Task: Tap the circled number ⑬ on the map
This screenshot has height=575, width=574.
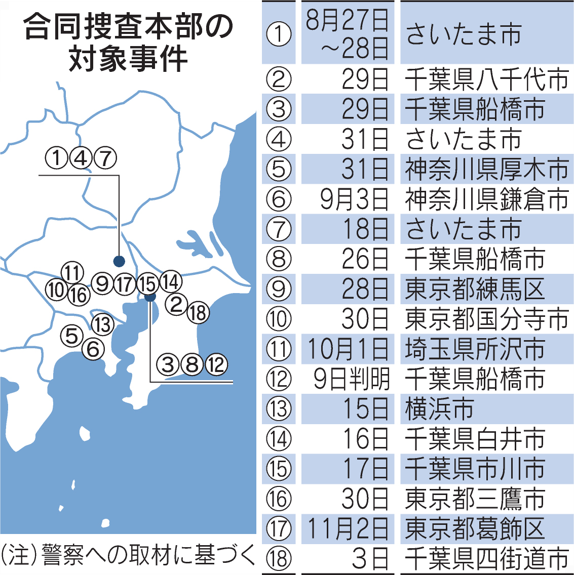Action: [x=103, y=324]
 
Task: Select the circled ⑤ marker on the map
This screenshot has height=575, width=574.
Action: [x=71, y=335]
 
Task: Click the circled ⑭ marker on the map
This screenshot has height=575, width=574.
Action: [x=171, y=281]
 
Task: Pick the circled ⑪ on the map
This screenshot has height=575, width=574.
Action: [x=72, y=273]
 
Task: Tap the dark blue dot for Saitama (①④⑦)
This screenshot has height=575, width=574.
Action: [x=119, y=261]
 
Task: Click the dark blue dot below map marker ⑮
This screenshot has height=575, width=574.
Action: [x=150, y=297]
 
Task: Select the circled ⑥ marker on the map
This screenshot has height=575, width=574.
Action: [x=93, y=349]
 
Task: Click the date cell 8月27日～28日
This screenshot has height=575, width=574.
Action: [x=347, y=33]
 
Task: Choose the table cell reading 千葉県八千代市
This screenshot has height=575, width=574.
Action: [x=486, y=79]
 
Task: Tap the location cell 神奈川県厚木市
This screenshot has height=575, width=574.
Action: [x=486, y=169]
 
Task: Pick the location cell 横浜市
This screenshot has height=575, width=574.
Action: [x=440, y=409]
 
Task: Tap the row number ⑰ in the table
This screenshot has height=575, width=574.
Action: [x=279, y=529]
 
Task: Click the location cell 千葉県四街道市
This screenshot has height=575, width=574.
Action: [x=486, y=559]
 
